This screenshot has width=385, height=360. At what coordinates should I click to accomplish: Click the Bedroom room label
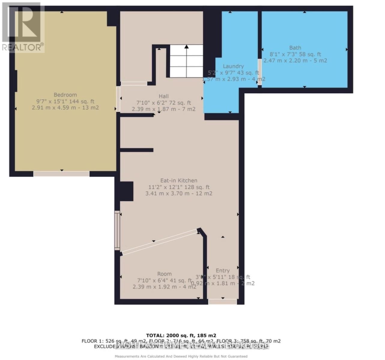coord(65,95)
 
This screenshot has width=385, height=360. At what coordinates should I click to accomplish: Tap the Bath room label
coord(295,48)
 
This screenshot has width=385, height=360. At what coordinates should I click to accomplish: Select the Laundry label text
coord(233,66)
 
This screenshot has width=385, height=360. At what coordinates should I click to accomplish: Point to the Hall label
coord(164,96)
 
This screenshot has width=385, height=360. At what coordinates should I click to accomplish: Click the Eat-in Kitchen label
coord(179,181)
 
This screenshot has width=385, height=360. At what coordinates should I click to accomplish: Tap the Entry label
coord(223,271)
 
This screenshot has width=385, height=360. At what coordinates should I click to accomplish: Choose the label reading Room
coord(165,274)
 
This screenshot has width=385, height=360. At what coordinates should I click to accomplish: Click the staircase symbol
coord(186,61)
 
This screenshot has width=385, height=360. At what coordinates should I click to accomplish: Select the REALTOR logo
coord(23,27)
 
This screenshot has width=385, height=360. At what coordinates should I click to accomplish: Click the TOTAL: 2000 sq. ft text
coord(181,335)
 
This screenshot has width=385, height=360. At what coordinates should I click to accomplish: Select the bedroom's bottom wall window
coord(61,174)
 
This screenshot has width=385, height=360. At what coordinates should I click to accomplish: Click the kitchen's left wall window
coord(117,230)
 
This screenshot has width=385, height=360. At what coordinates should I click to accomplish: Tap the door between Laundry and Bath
coord(259,72)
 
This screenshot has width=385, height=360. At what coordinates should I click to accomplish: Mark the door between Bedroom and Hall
coord(118,99)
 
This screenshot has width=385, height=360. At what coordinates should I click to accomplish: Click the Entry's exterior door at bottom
coord(223,301)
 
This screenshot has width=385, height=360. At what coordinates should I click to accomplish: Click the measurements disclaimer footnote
coord(181,356)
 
